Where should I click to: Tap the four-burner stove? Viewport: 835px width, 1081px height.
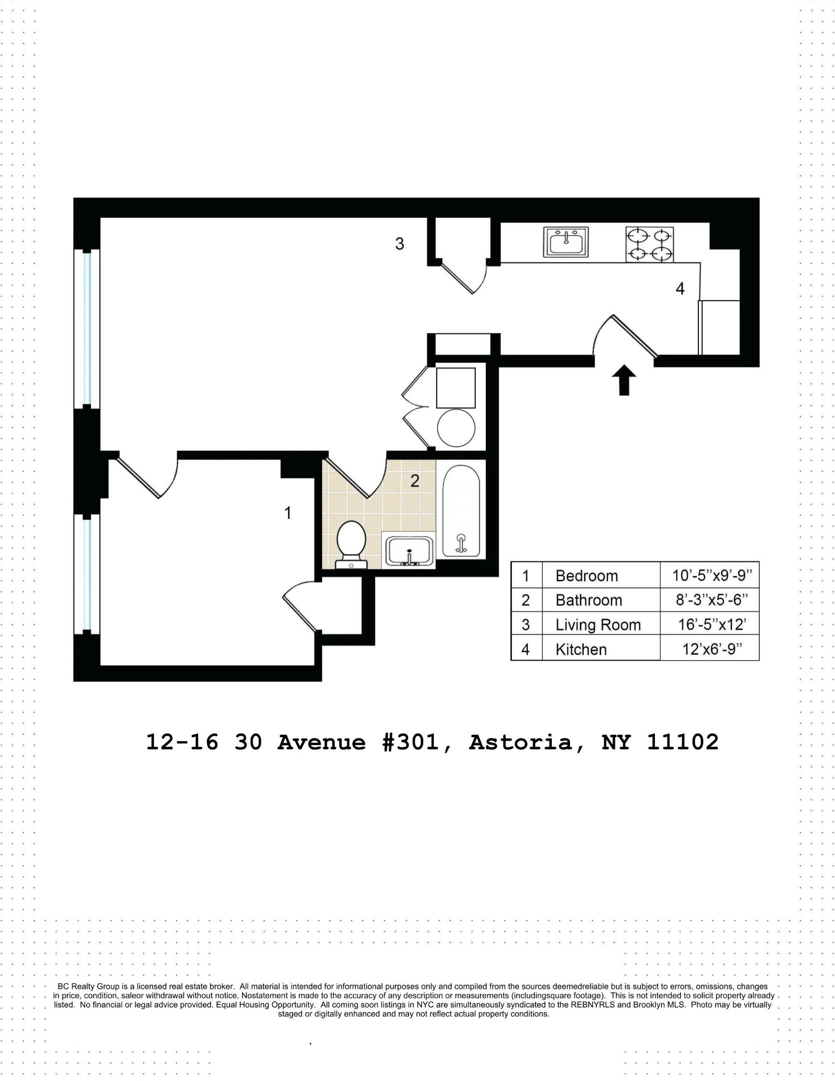[649, 245]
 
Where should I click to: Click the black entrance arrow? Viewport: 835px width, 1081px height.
[624, 380]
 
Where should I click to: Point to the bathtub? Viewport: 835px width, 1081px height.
[461, 510]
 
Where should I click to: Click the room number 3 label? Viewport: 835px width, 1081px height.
[399, 244]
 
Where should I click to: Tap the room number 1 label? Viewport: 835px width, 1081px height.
[288, 512]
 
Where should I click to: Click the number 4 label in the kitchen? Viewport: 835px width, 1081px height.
[680, 289]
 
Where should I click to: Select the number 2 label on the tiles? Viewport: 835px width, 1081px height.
[414, 481]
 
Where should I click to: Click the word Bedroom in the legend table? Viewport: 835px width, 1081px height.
[586, 576]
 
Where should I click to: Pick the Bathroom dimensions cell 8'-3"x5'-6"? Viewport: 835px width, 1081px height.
[711, 600]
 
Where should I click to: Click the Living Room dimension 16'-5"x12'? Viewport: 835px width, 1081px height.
[711, 624]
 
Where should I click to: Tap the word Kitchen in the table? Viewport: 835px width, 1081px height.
[581, 650]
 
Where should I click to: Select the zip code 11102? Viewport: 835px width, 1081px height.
[682, 742]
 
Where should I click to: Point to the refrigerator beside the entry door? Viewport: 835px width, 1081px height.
[719, 327]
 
